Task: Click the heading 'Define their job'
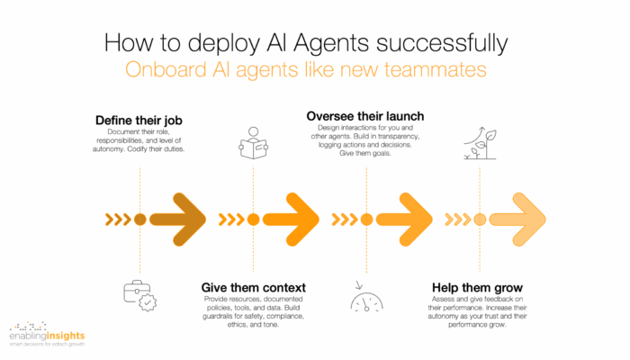[x=139, y=120]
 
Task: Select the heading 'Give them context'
[x=254, y=288]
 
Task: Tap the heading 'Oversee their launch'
[x=365, y=116]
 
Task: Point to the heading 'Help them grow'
[x=477, y=288]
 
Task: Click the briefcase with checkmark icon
[x=139, y=296]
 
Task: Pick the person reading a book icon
[x=254, y=143]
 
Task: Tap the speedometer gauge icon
[x=366, y=297]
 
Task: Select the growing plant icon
[x=480, y=143]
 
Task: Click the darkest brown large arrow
[x=178, y=220]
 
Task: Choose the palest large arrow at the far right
[x=517, y=220]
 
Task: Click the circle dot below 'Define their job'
[x=139, y=220]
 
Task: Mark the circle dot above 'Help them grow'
[x=480, y=220]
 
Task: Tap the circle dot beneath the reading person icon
[x=253, y=220]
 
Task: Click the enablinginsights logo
[x=47, y=334]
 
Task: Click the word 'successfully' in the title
[x=442, y=43]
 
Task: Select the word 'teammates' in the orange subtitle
[x=435, y=69]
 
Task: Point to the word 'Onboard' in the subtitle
[x=166, y=69]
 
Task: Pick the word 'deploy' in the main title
[x=223, y=43]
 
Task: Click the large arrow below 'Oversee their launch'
[x=404, y=220]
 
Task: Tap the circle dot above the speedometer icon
[x=366, y=220]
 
